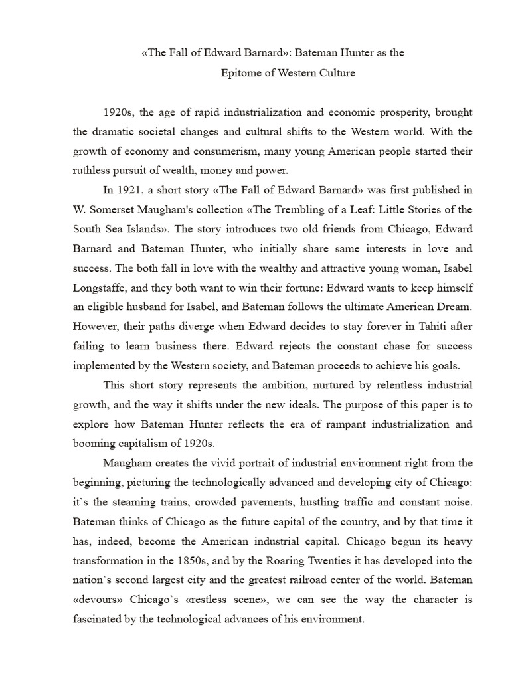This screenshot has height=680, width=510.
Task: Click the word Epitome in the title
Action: click(x=241, y=73)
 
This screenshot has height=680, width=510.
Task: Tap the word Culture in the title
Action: click(x=335, y=73)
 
